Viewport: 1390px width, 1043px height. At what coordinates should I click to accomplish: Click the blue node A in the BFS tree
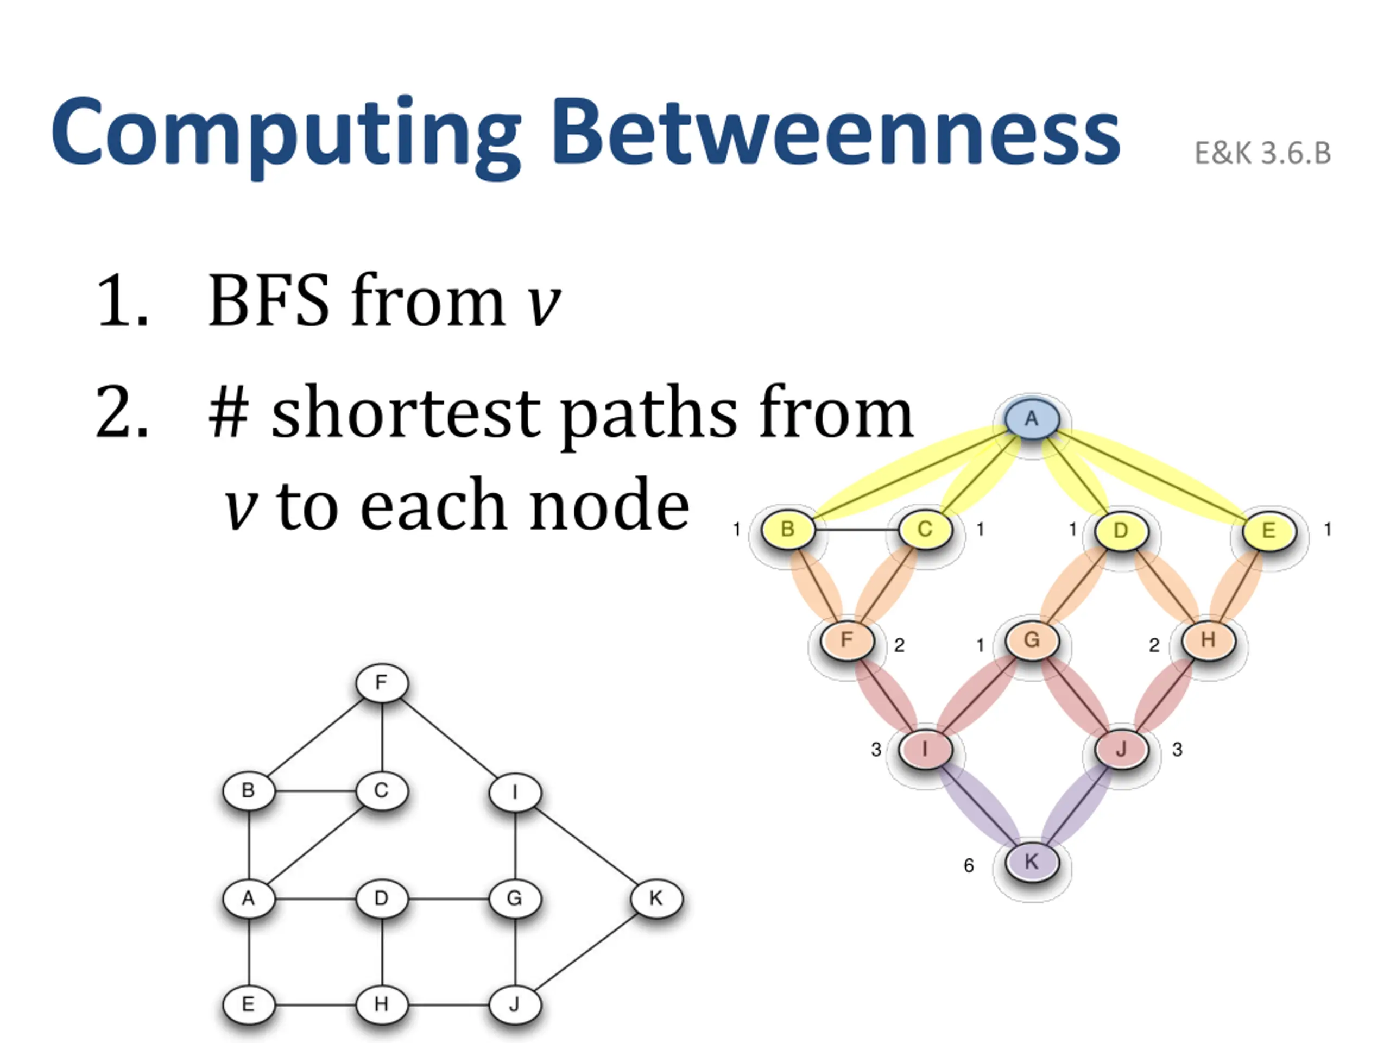(1031, 419)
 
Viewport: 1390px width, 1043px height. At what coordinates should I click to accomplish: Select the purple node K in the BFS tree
(1031, 862)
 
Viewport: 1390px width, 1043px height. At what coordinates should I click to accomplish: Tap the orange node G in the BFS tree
(1031, 640)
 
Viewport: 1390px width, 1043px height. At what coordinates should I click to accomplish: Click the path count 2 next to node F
(899, 645)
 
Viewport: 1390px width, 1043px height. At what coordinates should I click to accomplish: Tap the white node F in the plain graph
(381, 683)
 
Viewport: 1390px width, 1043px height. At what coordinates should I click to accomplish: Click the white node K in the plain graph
(656, 899)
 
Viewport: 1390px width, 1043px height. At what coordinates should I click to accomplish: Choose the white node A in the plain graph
(249, 899)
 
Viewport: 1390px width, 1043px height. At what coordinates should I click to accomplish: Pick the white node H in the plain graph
(381, 1004)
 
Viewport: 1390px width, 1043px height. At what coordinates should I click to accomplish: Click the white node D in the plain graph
(381, 899)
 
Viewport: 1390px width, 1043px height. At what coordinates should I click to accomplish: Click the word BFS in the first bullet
(269, 300)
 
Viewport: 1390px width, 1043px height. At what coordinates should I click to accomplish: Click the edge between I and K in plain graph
(586, 846)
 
